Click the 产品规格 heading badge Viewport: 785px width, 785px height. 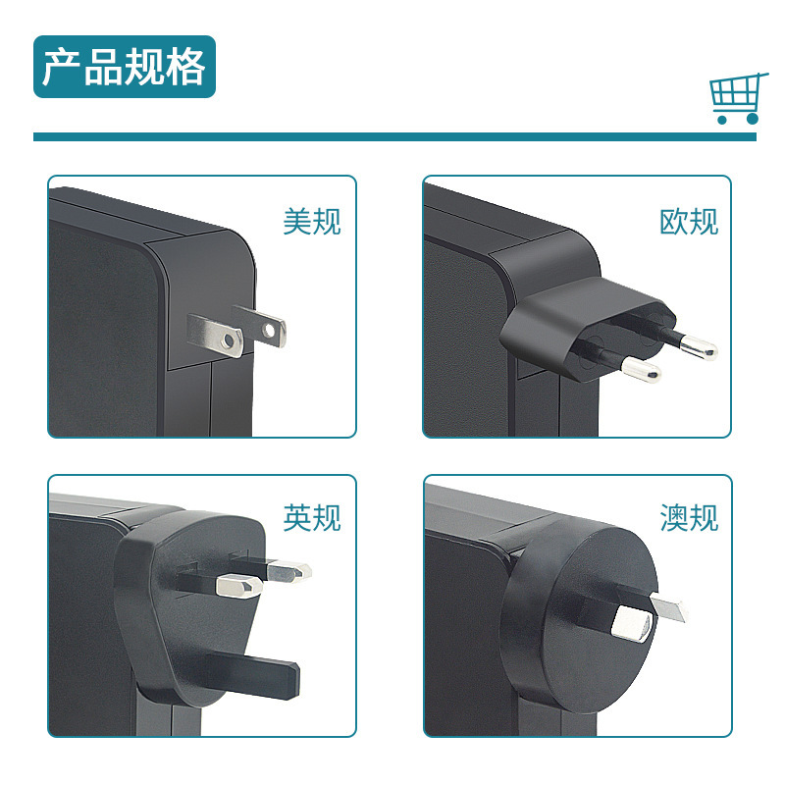[124, 67]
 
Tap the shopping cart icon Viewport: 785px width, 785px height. [736, 97]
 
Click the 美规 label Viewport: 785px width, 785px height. [311, 221]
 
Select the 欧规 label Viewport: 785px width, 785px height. [688, 221]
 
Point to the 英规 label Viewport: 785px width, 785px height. [311, 517]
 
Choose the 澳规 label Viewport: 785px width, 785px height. [688, 517]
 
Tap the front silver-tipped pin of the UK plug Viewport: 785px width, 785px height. [238, 587]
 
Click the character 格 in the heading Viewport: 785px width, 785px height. [185, 67]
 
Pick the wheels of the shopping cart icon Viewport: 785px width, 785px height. [737, 119]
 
